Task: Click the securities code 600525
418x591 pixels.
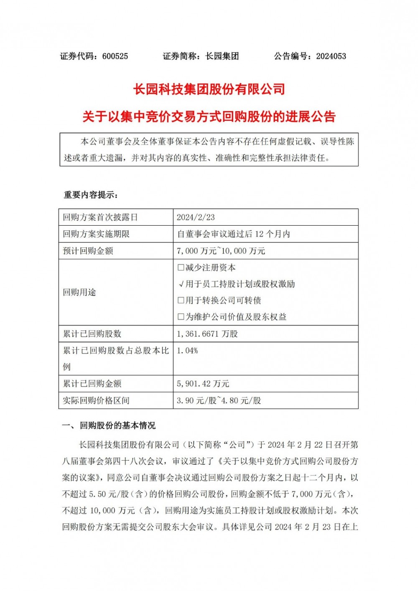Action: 115,56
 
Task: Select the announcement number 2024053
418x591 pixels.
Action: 331,56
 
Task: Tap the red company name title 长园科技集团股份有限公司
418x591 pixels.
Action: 209,89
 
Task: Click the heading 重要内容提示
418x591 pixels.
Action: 90,195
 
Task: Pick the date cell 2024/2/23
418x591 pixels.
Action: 196,217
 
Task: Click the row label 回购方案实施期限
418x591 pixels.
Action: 96,234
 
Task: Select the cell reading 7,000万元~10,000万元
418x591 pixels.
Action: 221,251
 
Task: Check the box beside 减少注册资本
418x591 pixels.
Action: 181,267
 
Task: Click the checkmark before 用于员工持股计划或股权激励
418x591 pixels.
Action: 181,284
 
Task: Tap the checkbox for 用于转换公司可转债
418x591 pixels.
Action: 181,301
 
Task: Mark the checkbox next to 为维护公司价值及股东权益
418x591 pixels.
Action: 181,317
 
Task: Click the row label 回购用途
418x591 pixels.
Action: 79,292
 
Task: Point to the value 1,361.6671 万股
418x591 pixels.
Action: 207,334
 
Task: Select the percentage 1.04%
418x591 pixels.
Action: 187,351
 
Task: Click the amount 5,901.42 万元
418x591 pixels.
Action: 203,384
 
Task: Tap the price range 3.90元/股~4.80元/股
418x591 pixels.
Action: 219,400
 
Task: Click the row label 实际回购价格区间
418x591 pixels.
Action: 96,400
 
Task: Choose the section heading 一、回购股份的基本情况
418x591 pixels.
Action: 109,425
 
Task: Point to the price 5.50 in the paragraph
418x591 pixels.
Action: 98,494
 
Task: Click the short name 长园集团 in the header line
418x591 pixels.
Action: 222,56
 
